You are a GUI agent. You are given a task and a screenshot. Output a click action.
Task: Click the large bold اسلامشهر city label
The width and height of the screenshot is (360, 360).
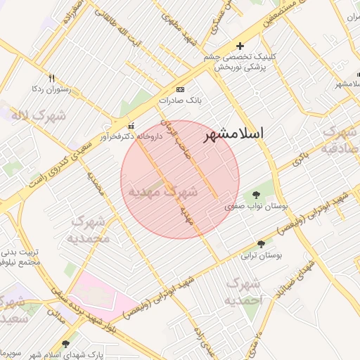234,134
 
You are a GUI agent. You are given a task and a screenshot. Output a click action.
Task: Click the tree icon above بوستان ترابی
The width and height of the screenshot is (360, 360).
262,244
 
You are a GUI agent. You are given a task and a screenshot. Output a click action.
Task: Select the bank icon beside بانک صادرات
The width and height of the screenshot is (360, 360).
181,90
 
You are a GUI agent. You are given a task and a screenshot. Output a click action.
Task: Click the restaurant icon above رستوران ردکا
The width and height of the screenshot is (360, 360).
51,78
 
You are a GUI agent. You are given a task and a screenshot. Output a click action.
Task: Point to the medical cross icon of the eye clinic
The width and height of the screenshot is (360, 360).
240,46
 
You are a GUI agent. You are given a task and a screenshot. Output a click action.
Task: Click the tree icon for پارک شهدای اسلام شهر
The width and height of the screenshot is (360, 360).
66,344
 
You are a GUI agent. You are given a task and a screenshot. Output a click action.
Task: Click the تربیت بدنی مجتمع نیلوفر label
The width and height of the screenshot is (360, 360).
20,256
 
